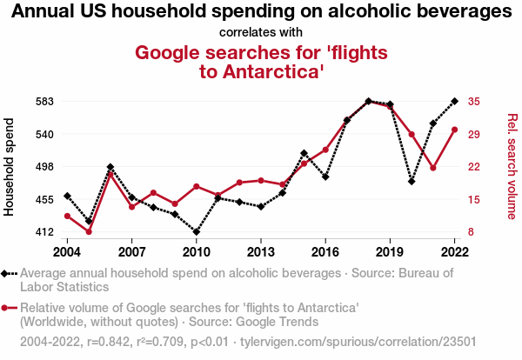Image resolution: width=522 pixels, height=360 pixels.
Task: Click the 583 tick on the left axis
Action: tap(43, 101)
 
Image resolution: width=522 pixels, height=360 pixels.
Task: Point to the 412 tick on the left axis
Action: tap(43, 232)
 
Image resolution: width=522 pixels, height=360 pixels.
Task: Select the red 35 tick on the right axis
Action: tap(473, 101)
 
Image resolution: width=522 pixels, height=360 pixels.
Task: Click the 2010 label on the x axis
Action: tap(197, 252)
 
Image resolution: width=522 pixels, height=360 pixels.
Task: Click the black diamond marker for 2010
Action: tap(197, 232)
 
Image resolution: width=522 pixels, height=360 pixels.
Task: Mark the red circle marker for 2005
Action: tap(89, 232)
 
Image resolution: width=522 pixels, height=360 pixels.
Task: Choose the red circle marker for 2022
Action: tap(454, 130)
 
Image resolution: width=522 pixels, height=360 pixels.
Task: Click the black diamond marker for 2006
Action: tap(110, 167)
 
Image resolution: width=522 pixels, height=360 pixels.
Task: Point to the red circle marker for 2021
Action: tap(433, 168)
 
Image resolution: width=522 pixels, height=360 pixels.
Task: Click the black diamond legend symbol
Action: tap(9, 274)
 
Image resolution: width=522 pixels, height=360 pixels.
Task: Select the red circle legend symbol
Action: tap(9, 308)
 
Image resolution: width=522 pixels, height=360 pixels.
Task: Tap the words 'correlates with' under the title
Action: tap(261, 33)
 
